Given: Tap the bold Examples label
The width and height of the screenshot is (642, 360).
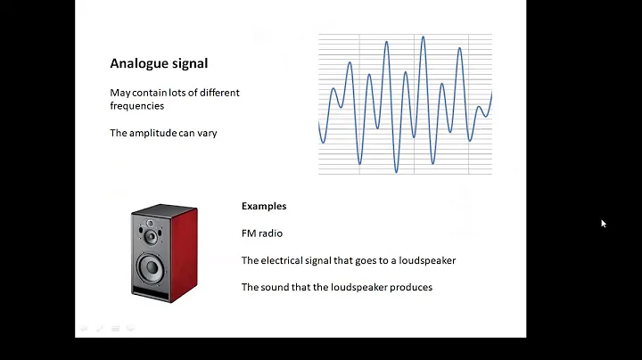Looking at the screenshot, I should click(x=264, y=206).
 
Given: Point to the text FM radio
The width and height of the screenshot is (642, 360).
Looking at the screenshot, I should click(x=262, y=233).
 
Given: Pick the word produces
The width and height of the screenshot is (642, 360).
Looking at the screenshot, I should click(x=411, y=287).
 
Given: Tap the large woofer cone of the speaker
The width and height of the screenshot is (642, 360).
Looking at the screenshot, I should click(x=152, y=266).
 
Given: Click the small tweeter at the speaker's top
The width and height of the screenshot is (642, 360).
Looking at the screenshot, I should click(x=152, y=222).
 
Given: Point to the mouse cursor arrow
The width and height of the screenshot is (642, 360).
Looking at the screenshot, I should click(x=604, y=224).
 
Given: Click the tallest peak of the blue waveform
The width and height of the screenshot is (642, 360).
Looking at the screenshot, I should click(x=424, y=37).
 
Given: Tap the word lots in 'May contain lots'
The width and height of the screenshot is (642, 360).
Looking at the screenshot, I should click(x=176, y=93).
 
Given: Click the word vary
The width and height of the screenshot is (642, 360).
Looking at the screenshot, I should click(x=208, y=133).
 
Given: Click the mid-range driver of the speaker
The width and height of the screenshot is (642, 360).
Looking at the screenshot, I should click(x=152, y=238).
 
